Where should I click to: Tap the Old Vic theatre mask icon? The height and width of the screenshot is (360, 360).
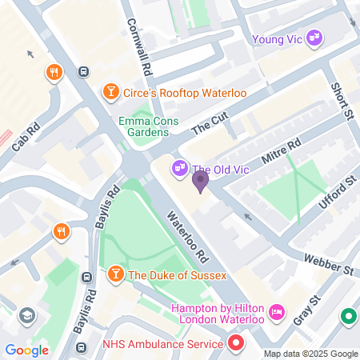click(179, 169)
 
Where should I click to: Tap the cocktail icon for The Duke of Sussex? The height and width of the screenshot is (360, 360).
click(115, 275)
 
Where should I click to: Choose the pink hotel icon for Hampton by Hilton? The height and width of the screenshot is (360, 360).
click(276, 310)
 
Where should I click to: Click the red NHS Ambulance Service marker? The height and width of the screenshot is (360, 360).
click(235, 344)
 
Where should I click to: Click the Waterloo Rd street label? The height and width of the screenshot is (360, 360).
click(187, 238)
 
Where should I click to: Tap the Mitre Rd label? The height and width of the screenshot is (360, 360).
click(280, 154)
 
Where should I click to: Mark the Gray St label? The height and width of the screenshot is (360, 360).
click(305, 311)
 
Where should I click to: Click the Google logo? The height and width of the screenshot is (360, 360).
click(26, 350)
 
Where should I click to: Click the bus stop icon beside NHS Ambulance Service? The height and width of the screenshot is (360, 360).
click(82, 348)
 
